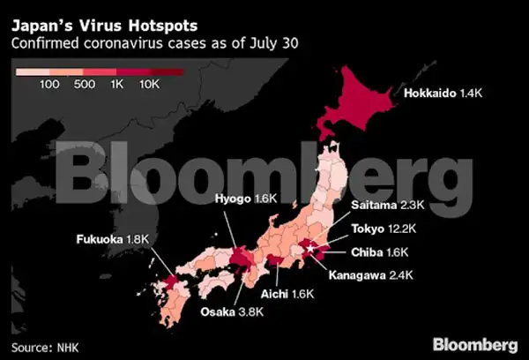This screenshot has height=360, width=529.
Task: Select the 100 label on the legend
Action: [49, 85]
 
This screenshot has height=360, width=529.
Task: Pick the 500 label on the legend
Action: [85, 85]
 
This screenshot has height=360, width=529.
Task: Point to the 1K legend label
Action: [116, 85]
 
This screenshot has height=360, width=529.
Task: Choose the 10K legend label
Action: [149, 85]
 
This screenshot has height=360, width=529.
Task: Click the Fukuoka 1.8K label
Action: [109, 239]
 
